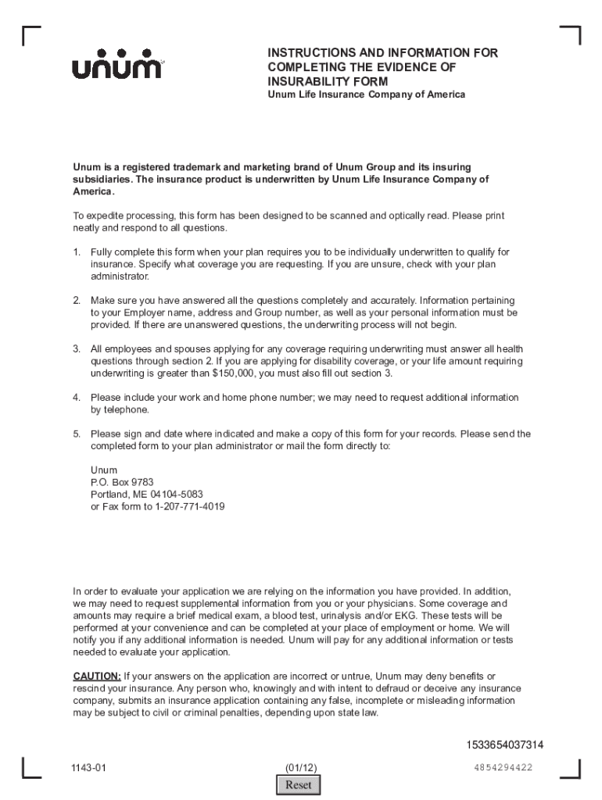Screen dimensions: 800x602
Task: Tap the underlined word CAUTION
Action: tap(97, 676)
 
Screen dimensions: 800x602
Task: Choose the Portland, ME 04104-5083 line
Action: tap(147, 495)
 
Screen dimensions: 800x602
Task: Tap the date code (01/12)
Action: tap(301, 767)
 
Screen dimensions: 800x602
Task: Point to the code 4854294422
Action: tap(503, 767)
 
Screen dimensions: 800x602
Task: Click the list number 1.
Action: tap(77, 252)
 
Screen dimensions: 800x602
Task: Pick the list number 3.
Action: tap(77, 348)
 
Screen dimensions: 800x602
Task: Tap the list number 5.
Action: tap(77, 434)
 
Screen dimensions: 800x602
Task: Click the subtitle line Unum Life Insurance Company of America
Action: tap(366, 95)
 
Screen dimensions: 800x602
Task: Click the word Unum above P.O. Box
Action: tap(103, 470)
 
